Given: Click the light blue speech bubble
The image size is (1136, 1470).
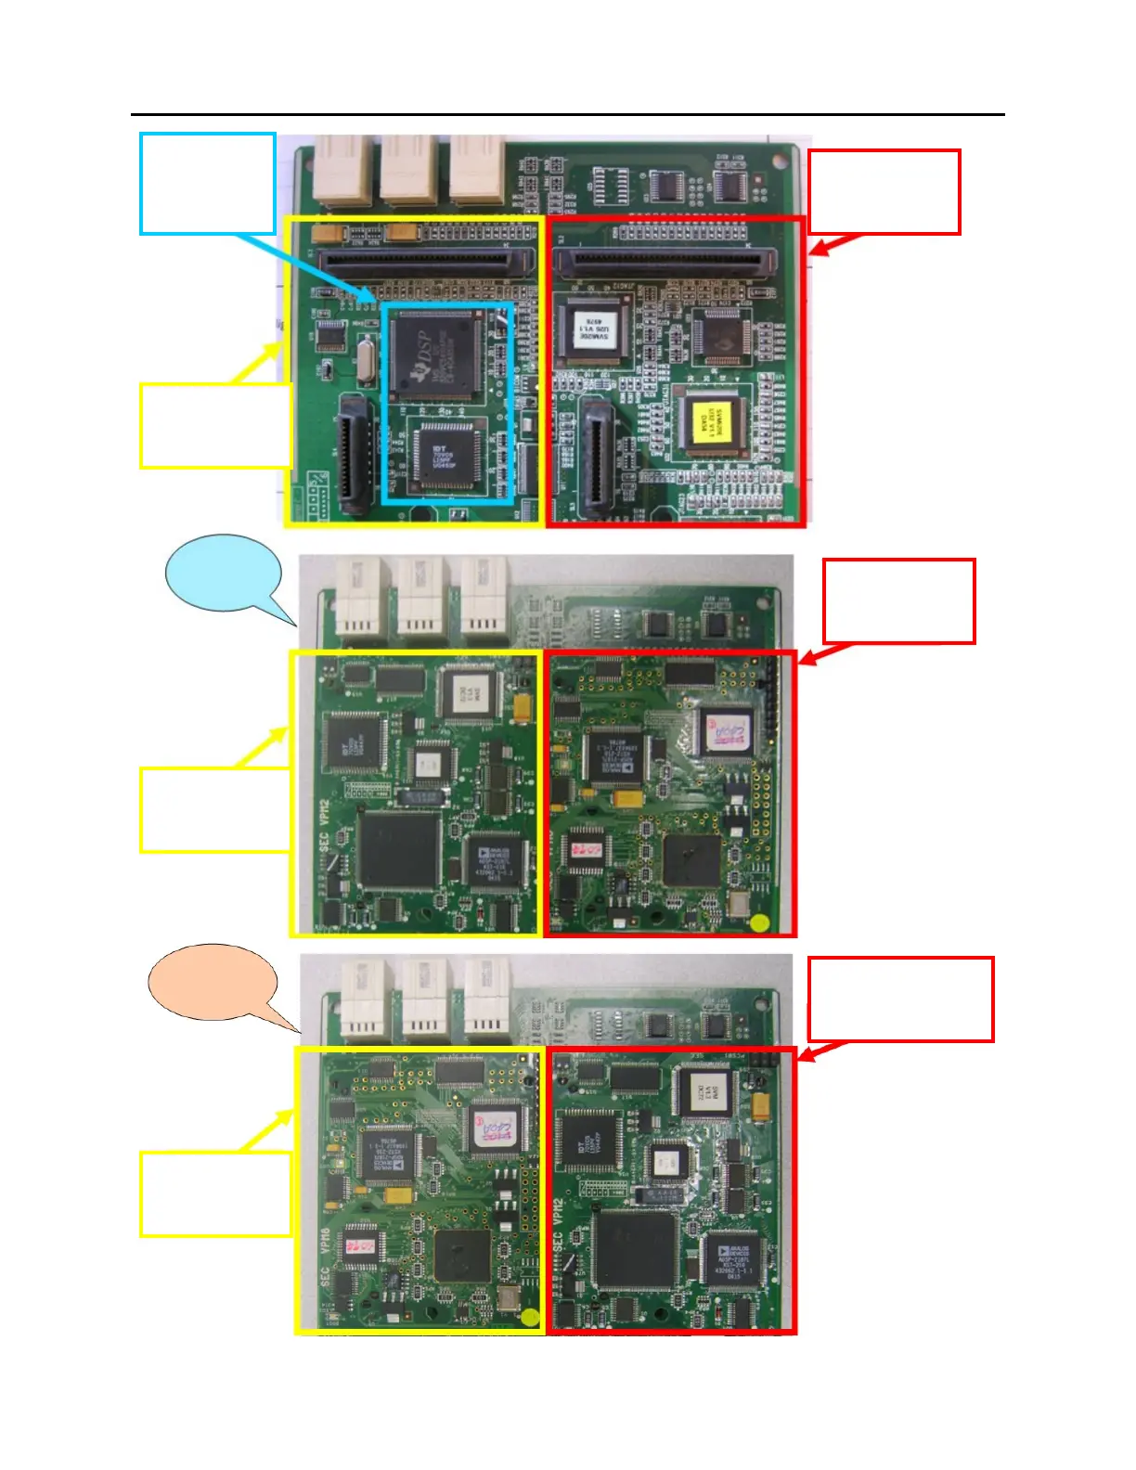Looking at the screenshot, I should tap(223, 573).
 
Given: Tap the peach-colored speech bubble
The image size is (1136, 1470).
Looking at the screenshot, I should tap(213, 983).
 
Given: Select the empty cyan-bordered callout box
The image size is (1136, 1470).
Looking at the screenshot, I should tap(208, 183).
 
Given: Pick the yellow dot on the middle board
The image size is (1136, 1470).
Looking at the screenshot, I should tap(760, 922).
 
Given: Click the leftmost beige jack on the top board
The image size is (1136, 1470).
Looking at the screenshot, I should tap(342, 170).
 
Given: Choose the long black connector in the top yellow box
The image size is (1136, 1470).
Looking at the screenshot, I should tap(426, 261).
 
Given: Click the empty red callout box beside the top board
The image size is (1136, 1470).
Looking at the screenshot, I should tap(884, 191).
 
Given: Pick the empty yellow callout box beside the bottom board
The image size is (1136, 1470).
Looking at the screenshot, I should tap(215, 1193).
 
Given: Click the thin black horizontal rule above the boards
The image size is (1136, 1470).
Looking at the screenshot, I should tap(567, 115).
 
